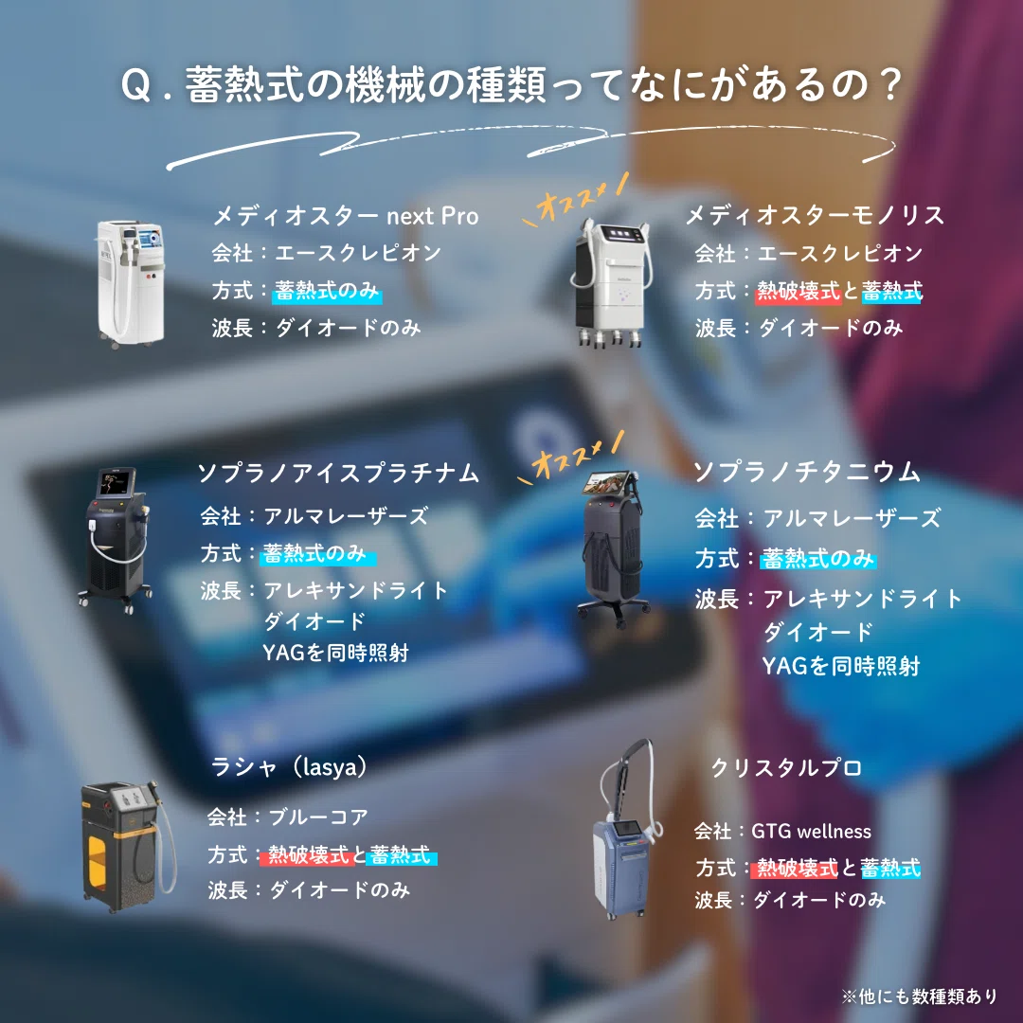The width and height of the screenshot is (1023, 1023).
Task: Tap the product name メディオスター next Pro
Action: pyautogui.click(x=346, y=216)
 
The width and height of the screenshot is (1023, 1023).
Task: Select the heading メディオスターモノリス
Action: pyautogui.click(x=815, y=215)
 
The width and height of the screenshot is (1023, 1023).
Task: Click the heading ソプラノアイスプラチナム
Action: pyautogui.click(x=338, y=473)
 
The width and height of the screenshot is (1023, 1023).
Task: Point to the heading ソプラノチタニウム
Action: pyautogui.click(x=806, y=472)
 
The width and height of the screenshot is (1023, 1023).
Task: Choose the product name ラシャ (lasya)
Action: pyautogui.click(x=289, y=766)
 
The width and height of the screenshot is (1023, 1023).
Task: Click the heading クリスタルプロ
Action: pyautogui.click(x=786, y=767)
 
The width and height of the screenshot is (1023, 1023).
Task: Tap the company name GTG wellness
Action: pyautogui.click(x=811, y=832)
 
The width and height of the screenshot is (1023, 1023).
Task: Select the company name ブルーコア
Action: pyautogui.click(x=318, y=817)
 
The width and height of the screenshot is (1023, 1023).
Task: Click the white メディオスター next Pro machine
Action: pyautogui.click(x=131, y=284)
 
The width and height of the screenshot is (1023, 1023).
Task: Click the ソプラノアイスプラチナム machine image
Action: pyautogui.click(x=117, y=539)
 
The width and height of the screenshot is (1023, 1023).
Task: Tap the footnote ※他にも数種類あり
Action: pyautogui.click(x=919, y=996)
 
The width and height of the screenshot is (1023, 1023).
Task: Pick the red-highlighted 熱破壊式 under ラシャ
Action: pyautogui.click(x=307, y=854)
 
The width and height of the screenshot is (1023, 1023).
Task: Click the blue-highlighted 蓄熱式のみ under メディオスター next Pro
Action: pyautogui.click(x=327, y=291)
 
